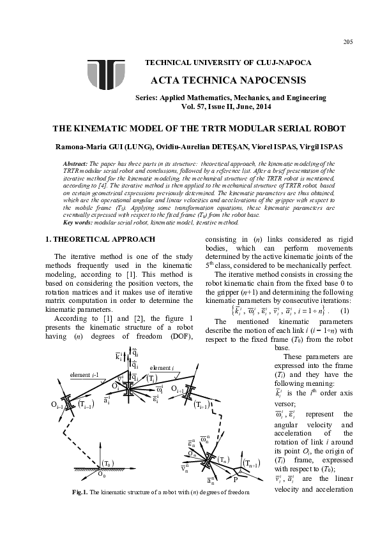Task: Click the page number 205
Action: tap(347, 42)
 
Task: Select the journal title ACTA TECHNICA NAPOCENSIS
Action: tap(220, 80)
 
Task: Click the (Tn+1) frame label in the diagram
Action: tap(250, 464)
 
